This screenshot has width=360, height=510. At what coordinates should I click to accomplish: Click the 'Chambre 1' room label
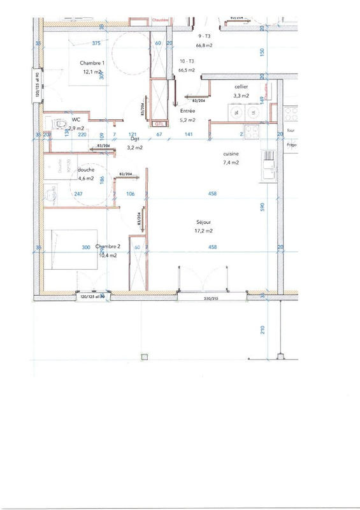pos(93,63)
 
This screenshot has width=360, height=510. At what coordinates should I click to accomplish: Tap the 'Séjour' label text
pos(205,222)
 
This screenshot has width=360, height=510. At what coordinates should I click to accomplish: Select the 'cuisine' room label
pos(231,154)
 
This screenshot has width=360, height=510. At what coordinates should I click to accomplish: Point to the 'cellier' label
pos(241,86)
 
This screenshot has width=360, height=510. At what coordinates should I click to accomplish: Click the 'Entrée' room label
pos(188,111)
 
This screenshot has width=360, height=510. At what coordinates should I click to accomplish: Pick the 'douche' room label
pos(86,170)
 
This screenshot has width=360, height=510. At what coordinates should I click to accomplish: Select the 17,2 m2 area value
pos(205,231)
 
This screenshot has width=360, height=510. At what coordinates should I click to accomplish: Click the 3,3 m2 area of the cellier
pos(241,96)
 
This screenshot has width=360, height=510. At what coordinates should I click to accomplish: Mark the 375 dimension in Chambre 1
pos(96,43)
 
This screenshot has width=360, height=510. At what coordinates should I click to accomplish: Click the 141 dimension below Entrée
pos(189,135)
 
